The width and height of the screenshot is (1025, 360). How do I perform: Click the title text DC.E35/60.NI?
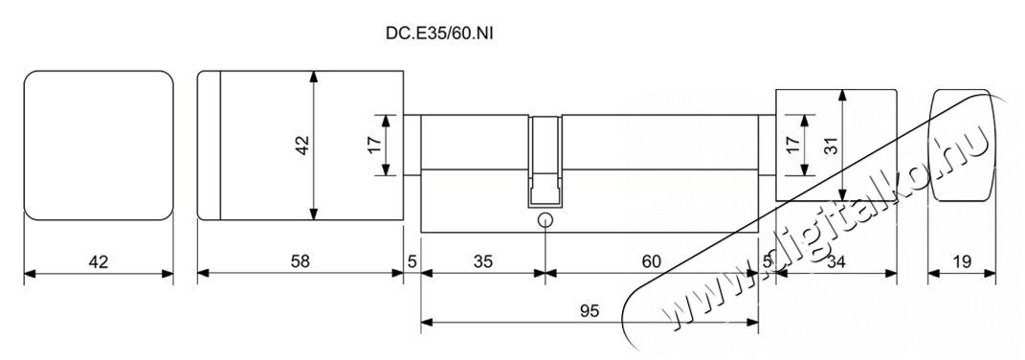tap(438, 34)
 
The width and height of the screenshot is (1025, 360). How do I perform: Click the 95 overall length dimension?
tap(590, 311)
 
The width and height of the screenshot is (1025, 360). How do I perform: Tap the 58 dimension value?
tap(300, 261)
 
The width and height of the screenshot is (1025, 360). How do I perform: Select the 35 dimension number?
tap(482, 261)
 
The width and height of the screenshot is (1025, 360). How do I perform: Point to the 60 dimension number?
tap(651, 261)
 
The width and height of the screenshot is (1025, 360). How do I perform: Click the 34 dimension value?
tap(836, 261)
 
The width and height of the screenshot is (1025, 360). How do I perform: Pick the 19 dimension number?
tap(962, 261)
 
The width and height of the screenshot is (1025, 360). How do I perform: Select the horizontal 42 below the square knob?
tap(98, 261)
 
